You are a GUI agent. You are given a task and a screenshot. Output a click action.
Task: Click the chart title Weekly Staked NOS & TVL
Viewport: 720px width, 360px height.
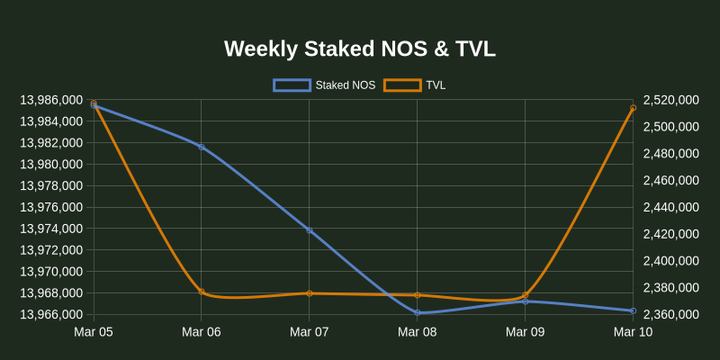tap(360, 49)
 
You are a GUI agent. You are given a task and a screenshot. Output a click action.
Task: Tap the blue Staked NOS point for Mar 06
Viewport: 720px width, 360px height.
tap(202, 147)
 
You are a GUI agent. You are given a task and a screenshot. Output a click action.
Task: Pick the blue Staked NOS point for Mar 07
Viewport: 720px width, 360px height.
tap(310, 230)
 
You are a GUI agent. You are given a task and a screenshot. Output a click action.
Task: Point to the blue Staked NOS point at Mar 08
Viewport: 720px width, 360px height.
tap(418, 313)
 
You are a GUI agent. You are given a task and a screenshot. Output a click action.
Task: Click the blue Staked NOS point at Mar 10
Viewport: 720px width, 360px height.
tap(633, 310)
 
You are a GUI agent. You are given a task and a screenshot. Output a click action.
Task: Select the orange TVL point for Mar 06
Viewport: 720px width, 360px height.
tap(202, 292)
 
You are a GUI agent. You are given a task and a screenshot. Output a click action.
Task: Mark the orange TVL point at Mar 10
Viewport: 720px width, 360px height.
tap(633, 108)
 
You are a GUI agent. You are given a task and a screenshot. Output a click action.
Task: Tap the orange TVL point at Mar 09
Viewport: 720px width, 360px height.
tap(525, 295)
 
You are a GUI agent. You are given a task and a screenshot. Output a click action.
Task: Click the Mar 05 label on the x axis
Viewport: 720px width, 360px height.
tap(94, 333)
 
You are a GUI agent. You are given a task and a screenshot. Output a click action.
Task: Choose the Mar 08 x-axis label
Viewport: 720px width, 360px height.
tap(418, 333)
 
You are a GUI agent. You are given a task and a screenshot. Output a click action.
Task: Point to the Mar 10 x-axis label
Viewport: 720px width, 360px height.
tap(633, 333)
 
